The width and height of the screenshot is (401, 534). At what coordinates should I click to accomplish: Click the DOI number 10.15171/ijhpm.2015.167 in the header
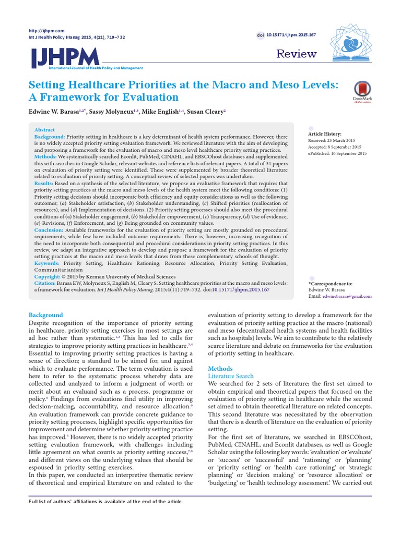(x=291, y=34)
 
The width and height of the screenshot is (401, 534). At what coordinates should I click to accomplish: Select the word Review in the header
(x=296, y=54)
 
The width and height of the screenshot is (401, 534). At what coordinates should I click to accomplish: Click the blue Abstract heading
(x=44, y=130)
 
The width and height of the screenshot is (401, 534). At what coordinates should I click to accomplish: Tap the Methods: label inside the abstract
(x=49, y=156)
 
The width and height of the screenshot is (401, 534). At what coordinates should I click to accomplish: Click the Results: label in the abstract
(x=47, y=184)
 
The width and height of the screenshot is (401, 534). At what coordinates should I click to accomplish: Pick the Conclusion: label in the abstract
(x=51, y=230)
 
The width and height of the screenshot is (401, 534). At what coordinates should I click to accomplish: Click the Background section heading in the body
(x=45, y=315)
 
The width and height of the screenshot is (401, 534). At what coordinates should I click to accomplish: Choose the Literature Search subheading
(x=231, y=376)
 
